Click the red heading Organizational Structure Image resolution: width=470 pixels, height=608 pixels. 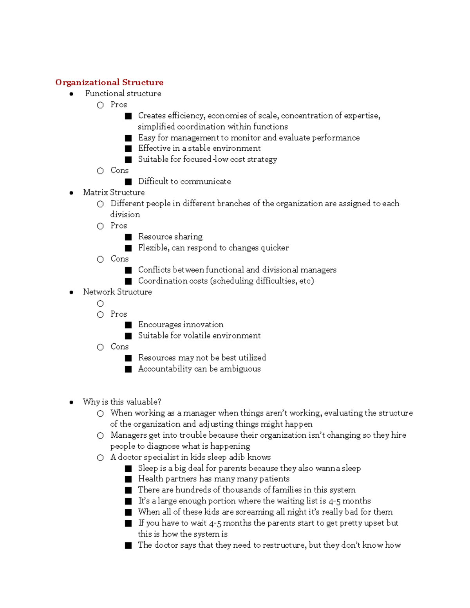pyautogui.click(x=109, y=82)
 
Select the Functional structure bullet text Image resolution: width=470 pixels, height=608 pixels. pyautogui.click(x=123, y=94)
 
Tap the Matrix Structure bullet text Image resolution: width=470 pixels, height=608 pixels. pyautogui.click(x=114, y=193)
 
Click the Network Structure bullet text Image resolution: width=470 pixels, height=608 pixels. pyautogui.click(x=117, y=292)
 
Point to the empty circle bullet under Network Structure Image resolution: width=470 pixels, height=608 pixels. pyautogui.click(x=100, y=303)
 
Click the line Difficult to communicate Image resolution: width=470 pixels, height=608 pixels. pyautogui.click(x=184, y=182)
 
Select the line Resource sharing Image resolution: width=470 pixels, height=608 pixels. pyautogui.click(x=170, y=237)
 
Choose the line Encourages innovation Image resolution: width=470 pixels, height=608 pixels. pyautogui.click(x=181, y=325)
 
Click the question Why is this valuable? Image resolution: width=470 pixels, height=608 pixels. pyautogui.click(x=122, y=402)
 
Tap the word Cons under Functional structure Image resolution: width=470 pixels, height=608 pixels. pyautogui.click(x=119, y=170)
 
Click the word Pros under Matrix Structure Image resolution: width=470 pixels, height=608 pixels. pyautogui.click(x=119, y=226)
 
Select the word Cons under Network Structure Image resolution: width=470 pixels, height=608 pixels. pyautogui.click(x=119, y=347)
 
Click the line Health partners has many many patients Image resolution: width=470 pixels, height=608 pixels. pyautogui.click(x=213, y=479)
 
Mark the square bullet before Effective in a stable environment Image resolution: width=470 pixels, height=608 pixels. pyautogui.click(x=128, y=149)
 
